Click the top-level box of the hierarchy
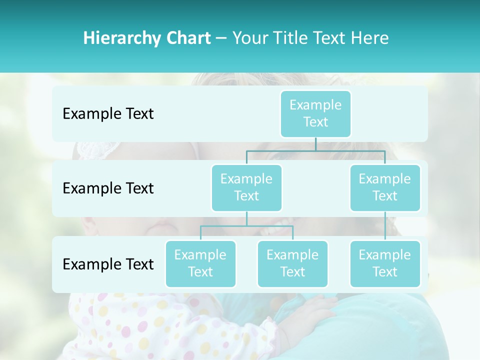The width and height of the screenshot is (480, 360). pyautogui.click(x=315, y=113)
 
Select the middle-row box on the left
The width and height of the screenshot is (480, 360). pyautogui.click(x=246, y=187)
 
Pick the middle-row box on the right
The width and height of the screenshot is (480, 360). pyautogui.click(x=385, y=187)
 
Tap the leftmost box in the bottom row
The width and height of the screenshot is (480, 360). pyautogui.click(x=200, y=263)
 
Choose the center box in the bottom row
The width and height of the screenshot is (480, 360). pyautogui.click(x=292, y=263)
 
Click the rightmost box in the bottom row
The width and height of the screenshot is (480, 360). pyautogui.click(x=385, y=263)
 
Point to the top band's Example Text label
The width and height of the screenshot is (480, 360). pyautogui.click(x=108, y=113)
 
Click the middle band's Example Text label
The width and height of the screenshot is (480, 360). pyautogui.click(x=108, y=188)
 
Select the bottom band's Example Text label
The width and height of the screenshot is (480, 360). pyautogui.click(x=108, y=264)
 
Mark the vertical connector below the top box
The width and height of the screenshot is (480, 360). pyautogui.click(x=315, y=144)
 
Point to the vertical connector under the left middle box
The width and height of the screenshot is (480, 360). pyautogui.click(x=246, y=218)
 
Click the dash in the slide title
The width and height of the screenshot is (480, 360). pyautogui.click(x=221, y=38)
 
